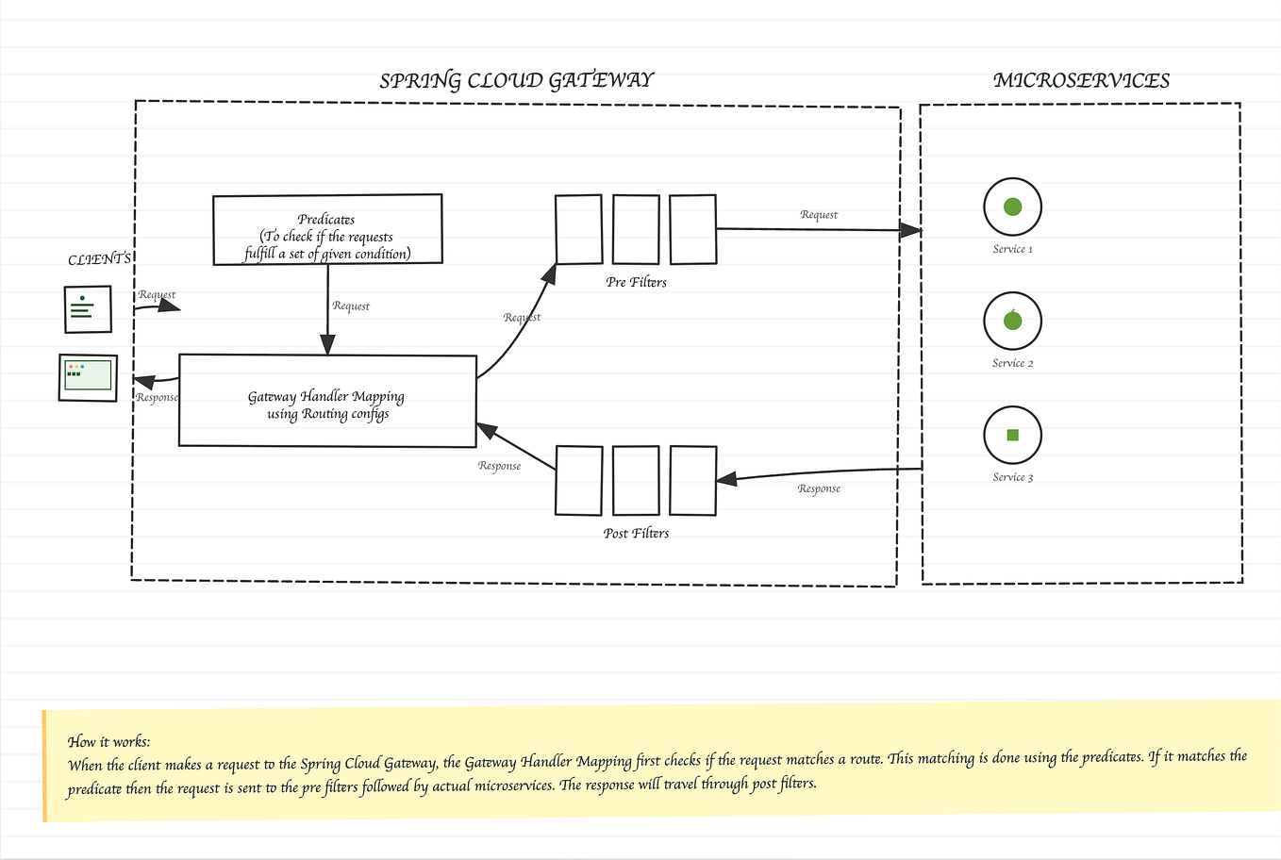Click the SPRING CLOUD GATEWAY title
[516, 80]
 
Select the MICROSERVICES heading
[1081, 80]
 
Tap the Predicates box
[327, 229]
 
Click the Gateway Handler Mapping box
[327, 401]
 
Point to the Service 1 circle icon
[1012, 207]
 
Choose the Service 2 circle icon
[1012, 321]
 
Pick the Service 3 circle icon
[1012, 435]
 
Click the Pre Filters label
[636, 282]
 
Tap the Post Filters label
[636, 533]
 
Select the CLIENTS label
[99, 258]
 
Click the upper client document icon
[88, 308]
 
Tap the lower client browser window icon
[88, 377]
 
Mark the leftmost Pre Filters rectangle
[578, 229]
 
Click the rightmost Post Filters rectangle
[693, 481]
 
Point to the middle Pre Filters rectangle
[636, 229]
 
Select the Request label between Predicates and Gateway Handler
[351, 306]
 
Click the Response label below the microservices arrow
[818, 488]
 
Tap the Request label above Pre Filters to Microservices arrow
[818, 214]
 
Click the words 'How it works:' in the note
[109, 741]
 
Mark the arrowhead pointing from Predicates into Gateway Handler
[328, 346]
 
